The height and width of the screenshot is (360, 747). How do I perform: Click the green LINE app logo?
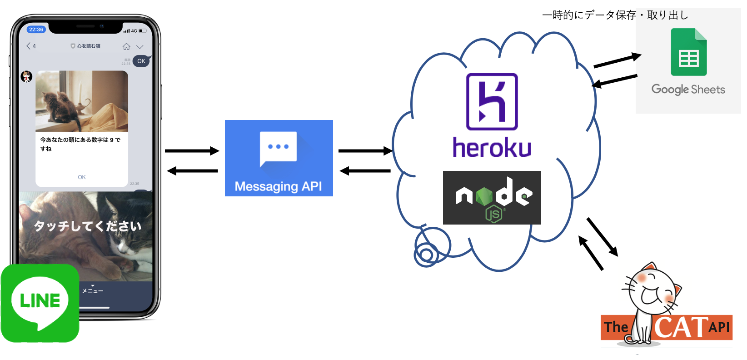click(x=40, y=303)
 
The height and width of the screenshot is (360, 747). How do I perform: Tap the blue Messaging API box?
click(x=279, y=158)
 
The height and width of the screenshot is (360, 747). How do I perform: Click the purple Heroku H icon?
click(x=492, y=102)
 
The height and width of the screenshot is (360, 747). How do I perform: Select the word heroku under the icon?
click(x=492, y=147)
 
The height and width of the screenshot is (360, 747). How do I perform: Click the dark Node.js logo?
click(x=492, y=198)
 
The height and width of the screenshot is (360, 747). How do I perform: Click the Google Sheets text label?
click(x=688, y=89)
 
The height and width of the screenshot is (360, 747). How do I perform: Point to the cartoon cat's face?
click(x=654, y=291)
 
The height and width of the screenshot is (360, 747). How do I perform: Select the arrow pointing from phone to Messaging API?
click(x=192, y=151)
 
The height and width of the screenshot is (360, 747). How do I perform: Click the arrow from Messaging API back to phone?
click(x=192, y=171)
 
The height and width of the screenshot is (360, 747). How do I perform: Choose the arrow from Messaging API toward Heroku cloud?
click(x=365, y=151)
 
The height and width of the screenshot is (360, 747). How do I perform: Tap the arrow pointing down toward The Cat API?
click(x=603, y=237)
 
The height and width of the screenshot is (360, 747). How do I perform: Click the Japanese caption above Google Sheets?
click(x=615, y=15)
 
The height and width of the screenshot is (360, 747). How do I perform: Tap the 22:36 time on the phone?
click(x=36, y=30)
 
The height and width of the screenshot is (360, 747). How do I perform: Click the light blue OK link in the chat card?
click(x=82, y=177)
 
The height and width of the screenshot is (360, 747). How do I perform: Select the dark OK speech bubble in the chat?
click(x=141, y=61)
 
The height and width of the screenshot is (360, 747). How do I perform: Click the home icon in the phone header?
click(x=126, y=46)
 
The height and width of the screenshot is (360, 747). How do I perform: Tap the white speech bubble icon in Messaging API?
click(x=278, y=148)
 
